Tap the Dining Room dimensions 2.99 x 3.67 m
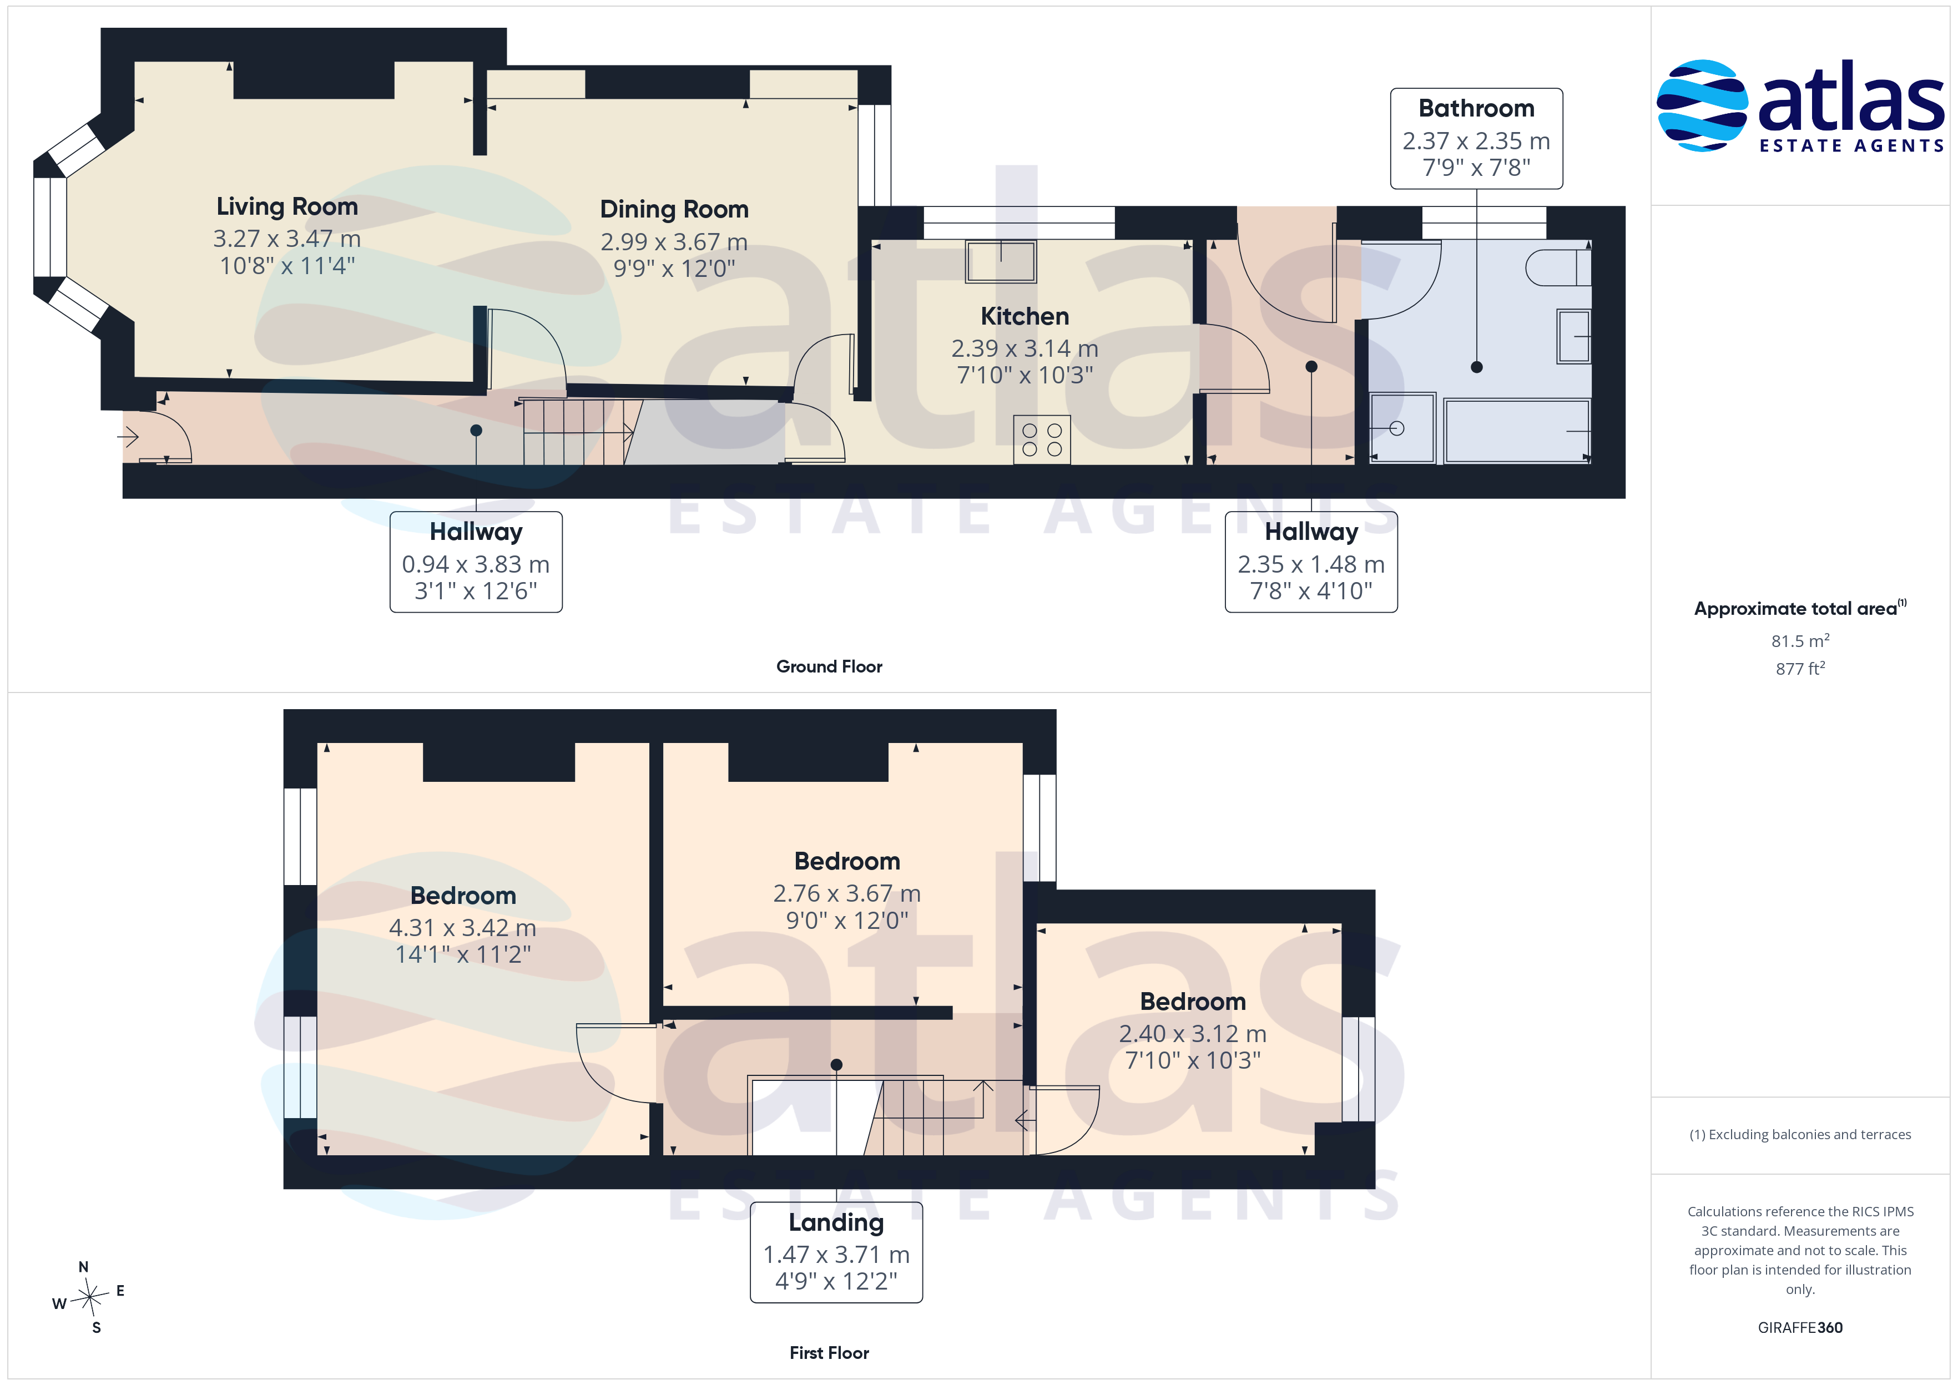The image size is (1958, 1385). [674, 242]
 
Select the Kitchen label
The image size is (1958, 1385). [1024, 316]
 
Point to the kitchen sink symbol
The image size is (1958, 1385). [1000, 261]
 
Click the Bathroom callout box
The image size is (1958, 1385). [1476, 138]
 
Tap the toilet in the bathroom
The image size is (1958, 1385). [1557, 268]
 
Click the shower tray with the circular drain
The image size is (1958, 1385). [1402, 428]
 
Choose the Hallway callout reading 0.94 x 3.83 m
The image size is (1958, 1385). [476, 562]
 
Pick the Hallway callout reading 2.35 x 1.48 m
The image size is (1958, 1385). [1311, 562]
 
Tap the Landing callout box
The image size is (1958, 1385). [836, 1252]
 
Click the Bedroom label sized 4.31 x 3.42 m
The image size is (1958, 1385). [463, 896]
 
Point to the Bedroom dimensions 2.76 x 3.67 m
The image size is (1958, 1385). [847, 894]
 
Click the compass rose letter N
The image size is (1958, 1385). [84, 1267]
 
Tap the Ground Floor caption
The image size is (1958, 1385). [829, 667]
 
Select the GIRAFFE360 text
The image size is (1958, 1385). [1800, 1328]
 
